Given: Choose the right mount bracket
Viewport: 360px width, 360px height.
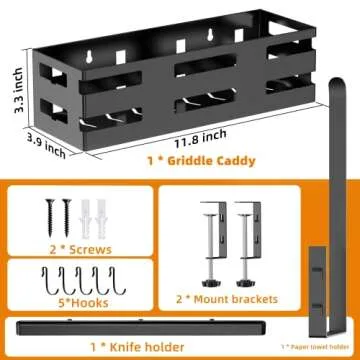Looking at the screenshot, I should [x=246, y=240].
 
